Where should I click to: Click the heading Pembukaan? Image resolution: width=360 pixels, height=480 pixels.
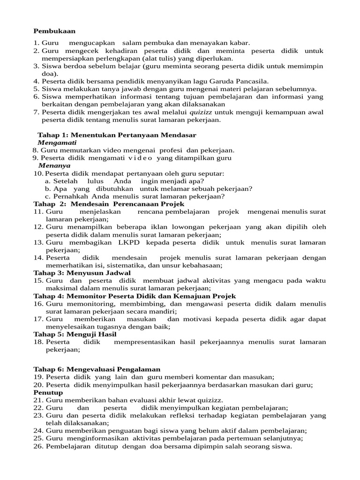tap(54, 31)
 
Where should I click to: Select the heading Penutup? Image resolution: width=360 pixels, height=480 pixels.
tap(48, 392)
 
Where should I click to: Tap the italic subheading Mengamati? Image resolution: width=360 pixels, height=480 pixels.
tap(57, 142)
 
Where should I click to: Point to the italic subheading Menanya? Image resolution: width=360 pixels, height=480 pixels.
tap(54, 165)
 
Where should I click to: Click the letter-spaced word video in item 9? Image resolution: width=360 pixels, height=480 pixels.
tap(141, 158)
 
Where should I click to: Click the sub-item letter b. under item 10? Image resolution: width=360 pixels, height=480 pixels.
tap(48, 188)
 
